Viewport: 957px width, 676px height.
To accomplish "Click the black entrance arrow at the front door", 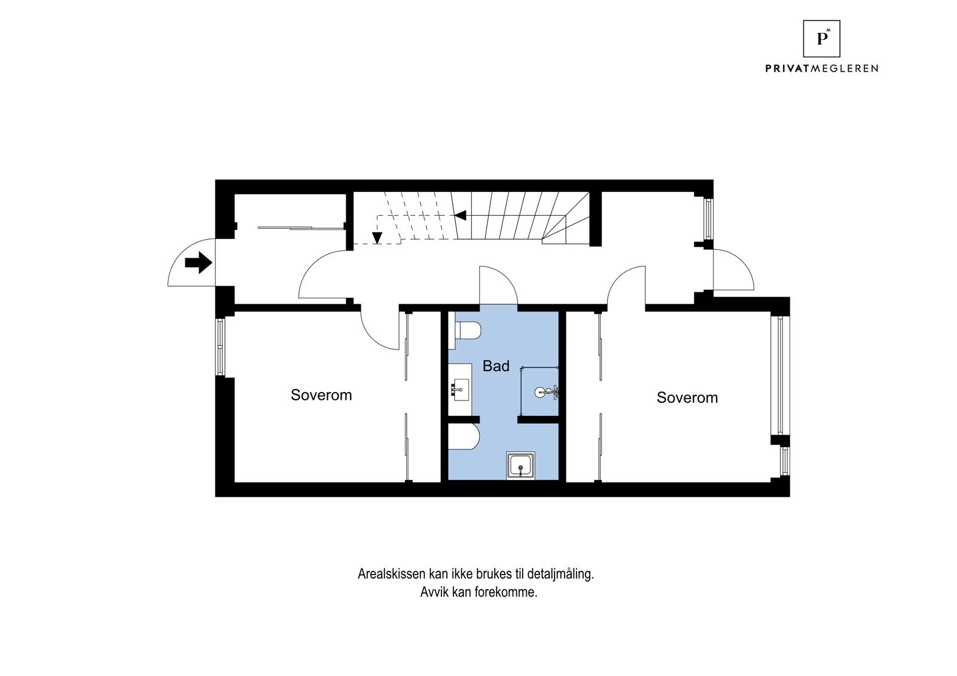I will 199,262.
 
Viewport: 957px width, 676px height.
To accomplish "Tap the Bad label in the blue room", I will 496,366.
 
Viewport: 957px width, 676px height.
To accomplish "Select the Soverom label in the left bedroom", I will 321,395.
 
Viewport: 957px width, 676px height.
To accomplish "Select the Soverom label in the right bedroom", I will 687,397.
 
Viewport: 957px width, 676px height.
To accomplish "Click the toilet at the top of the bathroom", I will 467,331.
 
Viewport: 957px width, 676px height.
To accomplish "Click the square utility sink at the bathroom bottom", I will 521,466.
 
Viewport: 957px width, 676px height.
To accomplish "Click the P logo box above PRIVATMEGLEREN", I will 821,38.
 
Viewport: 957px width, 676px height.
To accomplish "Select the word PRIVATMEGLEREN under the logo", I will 821,68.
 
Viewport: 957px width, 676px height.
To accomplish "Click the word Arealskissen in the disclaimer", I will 391,574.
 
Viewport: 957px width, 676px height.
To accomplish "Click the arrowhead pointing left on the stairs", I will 461,215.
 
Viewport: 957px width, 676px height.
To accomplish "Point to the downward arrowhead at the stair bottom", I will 377,238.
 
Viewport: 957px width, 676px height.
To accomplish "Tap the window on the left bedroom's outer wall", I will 220,347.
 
